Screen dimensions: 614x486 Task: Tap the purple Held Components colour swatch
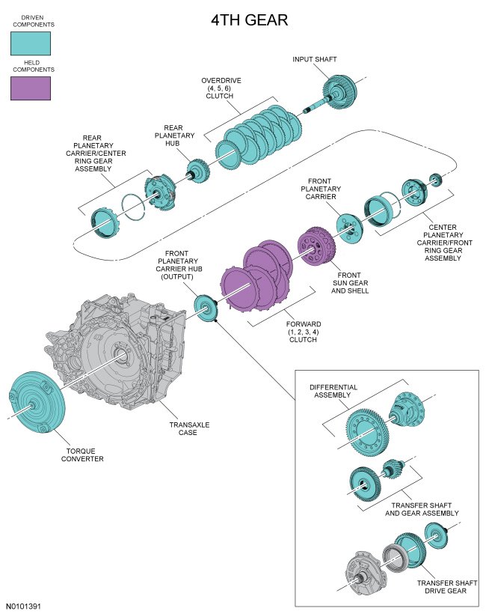point(31,88)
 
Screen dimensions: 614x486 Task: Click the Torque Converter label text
point(82,455)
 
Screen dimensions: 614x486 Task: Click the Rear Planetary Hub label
point(179,136)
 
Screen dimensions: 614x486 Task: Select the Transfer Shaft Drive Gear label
point(441,586)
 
